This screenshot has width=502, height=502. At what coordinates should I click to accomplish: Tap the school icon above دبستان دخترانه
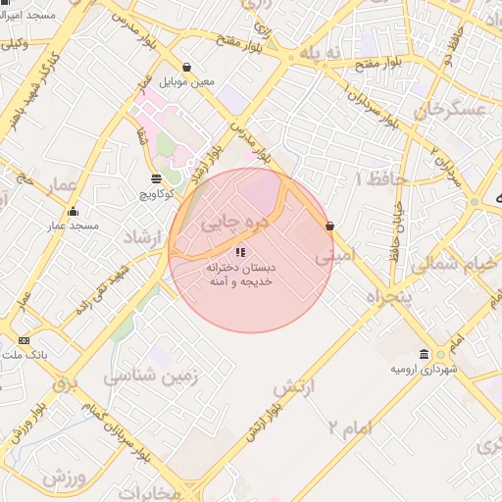(241, 253)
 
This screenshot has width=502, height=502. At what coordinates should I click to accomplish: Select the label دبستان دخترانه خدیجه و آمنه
(240, 275)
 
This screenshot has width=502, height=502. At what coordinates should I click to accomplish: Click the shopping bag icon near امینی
(329, 226)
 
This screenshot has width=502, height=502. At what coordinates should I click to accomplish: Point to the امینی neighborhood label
(335, 257)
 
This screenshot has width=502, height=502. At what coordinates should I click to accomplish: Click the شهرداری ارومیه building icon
(424, 353)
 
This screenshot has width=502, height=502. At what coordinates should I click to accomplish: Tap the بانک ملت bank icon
(24, 341)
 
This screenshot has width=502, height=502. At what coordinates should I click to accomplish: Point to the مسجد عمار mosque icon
(73, 211)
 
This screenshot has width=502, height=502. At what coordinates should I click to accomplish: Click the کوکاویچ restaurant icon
(157, 178)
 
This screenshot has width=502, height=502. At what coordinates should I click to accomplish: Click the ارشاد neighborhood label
(143, 238)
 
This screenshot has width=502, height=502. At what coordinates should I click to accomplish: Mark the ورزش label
(67, 477)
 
